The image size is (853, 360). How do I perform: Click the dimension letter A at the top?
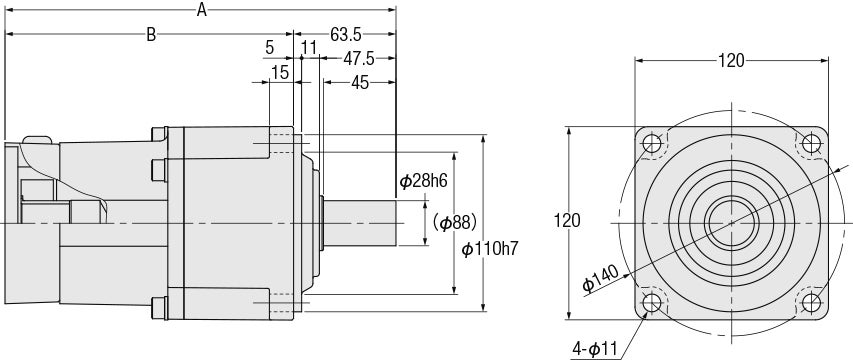tap(202, 9)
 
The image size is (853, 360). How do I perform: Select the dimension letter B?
tap(151, 35)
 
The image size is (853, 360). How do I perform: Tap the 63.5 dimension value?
tap(346, 35)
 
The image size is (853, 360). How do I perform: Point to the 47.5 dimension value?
tap(358, 59)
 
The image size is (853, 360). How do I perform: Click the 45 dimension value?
tap(360, 83)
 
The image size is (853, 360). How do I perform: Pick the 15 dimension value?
tap(280, 72)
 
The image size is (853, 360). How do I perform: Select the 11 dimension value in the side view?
tap(309, 48)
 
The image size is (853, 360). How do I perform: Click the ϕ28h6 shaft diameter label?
tap(424, 181)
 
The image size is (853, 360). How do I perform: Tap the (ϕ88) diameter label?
tap(455, 222)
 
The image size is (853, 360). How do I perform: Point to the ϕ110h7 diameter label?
tap(490, 249)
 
